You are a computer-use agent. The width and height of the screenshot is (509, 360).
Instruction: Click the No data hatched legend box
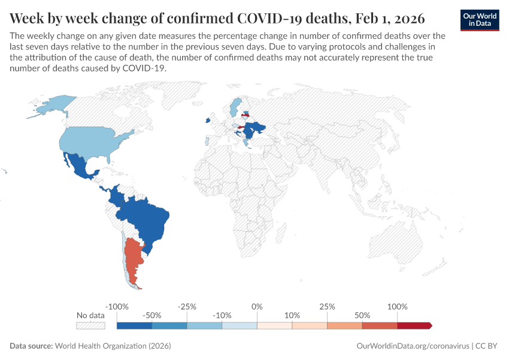point(90,325)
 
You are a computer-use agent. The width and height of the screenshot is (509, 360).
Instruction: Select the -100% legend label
point(117,307)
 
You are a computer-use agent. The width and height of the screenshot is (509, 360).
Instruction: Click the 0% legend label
point(257,307)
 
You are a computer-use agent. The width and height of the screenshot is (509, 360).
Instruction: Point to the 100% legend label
point(397,307)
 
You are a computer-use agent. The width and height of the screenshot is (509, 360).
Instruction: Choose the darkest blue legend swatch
point(134,325)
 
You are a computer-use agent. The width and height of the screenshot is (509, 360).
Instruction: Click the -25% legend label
point(187,307)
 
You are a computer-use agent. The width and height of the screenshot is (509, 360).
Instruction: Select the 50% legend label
point(362,315)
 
